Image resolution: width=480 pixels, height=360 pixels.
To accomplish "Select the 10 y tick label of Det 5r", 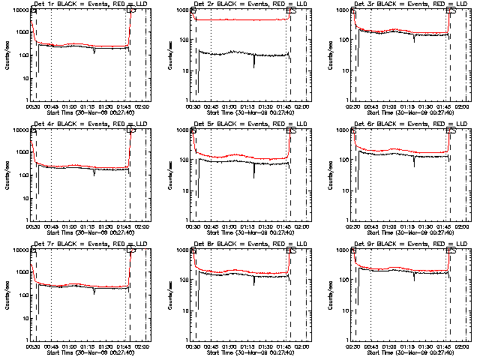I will [184, 190].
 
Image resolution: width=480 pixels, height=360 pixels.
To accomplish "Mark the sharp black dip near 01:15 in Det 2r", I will [253, 66].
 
